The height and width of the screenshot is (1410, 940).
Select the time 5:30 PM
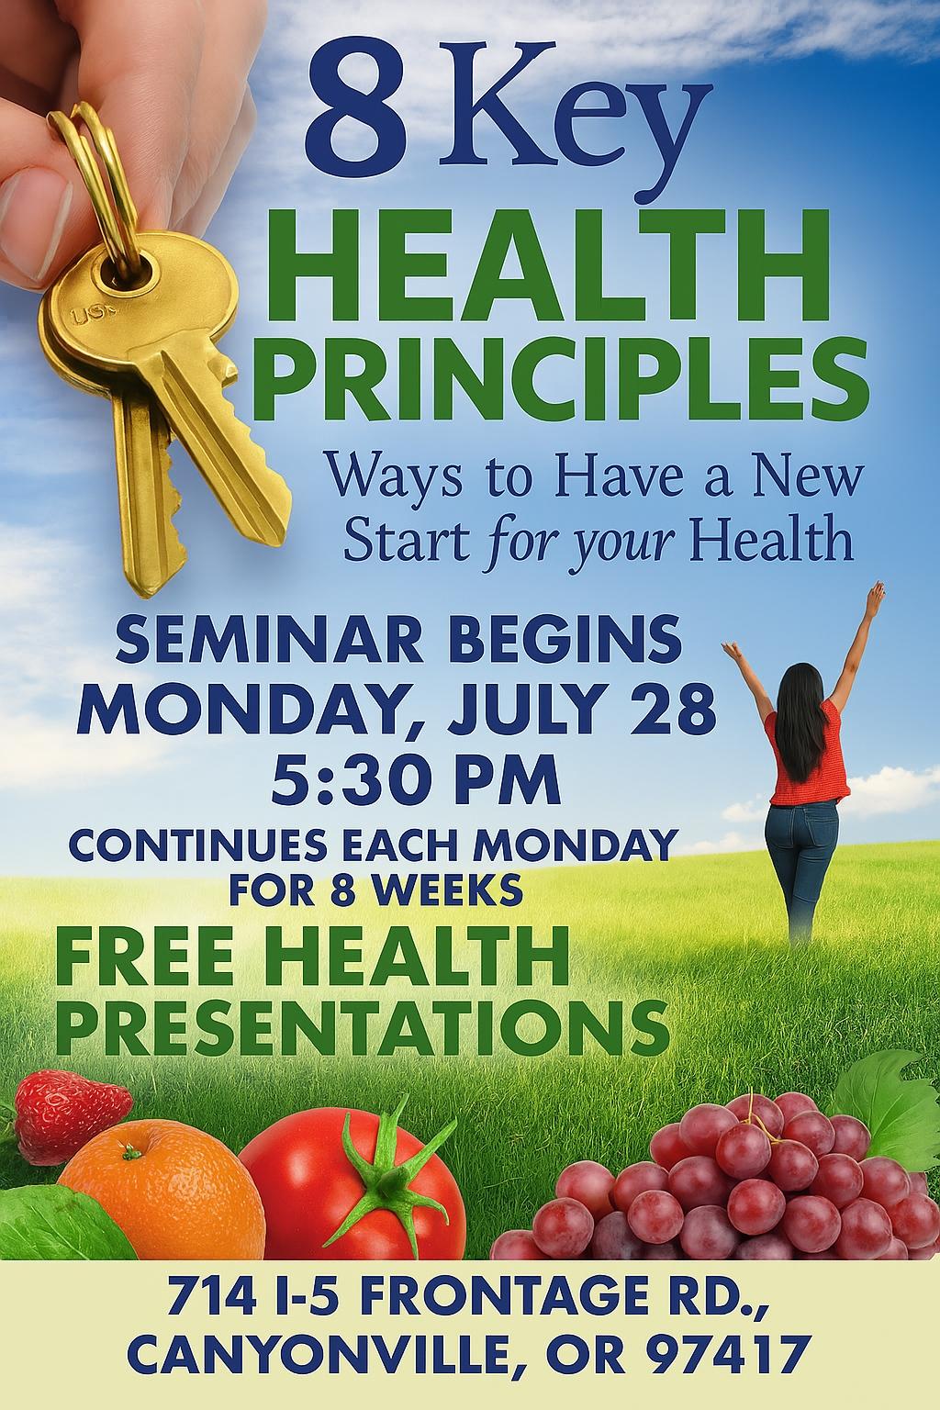tap(416, 778)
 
